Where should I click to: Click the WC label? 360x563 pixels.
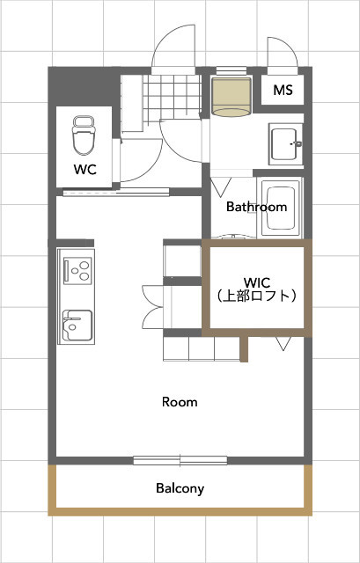[x=85, y=168]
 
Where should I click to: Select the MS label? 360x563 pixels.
[x=283, y=90]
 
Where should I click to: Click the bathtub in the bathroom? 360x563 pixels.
[x=281, y=209]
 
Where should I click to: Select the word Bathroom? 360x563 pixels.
[x=256, y=208]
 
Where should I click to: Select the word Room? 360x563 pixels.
[x=180, y=402]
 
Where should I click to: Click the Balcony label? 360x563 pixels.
[x=180, y=488]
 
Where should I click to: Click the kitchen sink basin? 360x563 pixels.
[x=76, y=325]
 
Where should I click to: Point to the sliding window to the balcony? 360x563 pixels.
[x=180, y=459]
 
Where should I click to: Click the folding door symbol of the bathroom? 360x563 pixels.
[x=223, y=187]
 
